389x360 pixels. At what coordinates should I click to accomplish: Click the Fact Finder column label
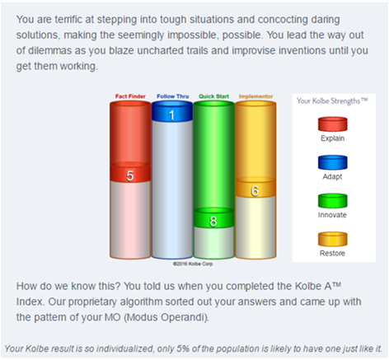tap(130, 96)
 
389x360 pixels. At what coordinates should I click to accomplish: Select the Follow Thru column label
tap(173, 96)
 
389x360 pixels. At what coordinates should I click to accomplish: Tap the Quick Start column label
tap(213, 96)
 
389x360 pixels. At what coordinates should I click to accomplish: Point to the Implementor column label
tap(255, 96)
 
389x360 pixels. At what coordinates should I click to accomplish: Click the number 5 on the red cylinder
tap(130, 175)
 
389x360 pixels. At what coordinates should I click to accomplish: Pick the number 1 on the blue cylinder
tap(171, 115)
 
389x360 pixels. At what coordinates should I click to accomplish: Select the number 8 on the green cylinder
tap(213, 221)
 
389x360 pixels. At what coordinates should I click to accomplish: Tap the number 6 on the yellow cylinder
tap(255, 190)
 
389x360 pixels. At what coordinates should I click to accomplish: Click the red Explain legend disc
tap(333, 124)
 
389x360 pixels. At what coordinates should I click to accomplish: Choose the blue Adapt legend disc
tap(333, 162)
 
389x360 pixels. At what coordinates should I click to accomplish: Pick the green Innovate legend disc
tap(333, 201)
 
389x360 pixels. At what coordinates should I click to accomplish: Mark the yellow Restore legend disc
tap(333, 239)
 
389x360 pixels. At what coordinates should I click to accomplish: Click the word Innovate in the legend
tap(332, 215)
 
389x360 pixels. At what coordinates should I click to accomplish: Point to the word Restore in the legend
tap(332, 253)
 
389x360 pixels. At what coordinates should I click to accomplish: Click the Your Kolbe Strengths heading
tap(332, 101)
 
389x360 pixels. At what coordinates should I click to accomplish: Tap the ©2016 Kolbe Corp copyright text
tap(193, 264)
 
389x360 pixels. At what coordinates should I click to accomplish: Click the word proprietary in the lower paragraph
tap(92, 302)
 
